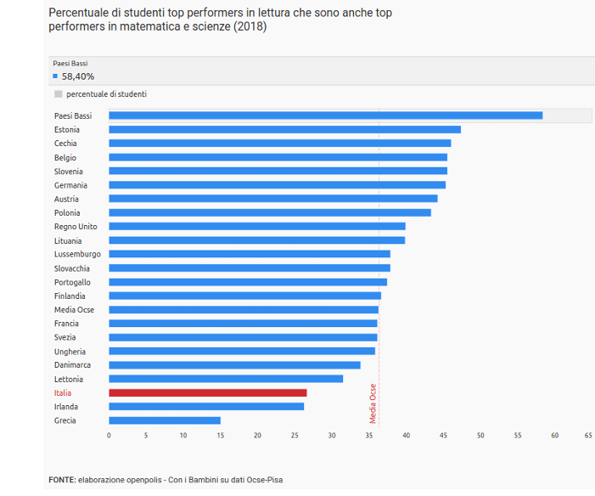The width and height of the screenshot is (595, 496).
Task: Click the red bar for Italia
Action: point(207,393)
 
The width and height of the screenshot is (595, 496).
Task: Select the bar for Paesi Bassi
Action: point(325,116)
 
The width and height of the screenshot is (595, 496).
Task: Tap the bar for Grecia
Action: point(164,420)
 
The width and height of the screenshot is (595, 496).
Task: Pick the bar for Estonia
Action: point(284,130)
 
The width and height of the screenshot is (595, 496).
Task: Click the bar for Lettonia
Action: point(226,379)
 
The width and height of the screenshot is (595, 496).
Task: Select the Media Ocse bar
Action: point(243,310)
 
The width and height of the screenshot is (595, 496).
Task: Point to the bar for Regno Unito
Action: point(256,227)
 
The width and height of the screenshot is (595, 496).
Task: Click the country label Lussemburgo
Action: point(77,254)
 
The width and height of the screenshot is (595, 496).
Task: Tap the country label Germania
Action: point(70,185)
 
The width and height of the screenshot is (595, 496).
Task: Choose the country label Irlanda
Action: point(66,407)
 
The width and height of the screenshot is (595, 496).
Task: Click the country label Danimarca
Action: point(72,365)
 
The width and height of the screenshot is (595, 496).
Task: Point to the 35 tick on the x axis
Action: point(369,436)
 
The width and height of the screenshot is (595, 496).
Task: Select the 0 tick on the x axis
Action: point(109,436)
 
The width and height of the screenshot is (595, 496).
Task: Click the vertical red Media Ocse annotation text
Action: point(373,403)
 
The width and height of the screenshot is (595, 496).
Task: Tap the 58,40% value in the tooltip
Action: point(78,76)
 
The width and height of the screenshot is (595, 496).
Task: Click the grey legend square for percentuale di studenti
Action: point(58,94)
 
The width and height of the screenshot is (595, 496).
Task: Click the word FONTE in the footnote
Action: point(61,480)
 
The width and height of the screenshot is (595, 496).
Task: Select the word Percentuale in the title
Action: point(79,14)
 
